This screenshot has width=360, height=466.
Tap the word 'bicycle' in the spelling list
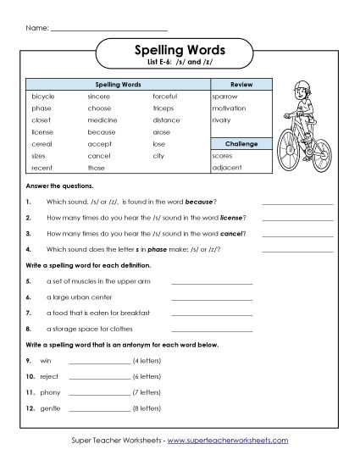click(42, 97)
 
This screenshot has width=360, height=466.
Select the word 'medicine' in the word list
click(102, 120)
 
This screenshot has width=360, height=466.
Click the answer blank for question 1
click(297, 203)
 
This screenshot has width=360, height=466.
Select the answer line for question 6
click(212, 298)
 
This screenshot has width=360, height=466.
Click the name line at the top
click(108, 29)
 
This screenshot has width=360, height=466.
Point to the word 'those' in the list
click(96, 168)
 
